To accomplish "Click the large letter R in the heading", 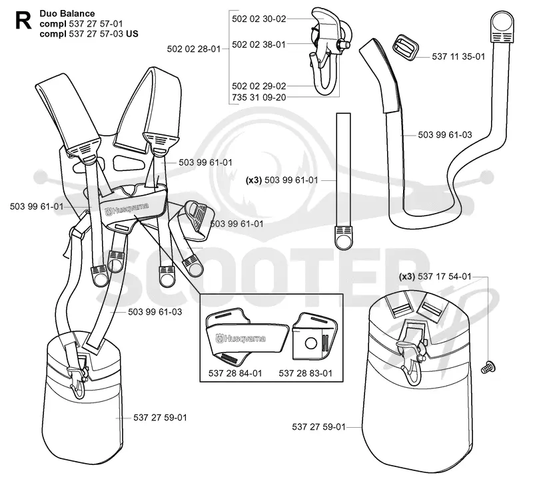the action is click(x=23, y=21).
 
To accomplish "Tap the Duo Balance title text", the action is click(x=67, y=13).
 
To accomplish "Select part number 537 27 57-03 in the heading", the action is click(x=96, y=34).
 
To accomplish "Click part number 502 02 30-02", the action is click(x=259, y=19).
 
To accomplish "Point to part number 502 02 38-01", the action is click(x=259, y=45).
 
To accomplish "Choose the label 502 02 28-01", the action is click(x=194, y=49).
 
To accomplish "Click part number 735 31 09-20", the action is click(x=259, y=97).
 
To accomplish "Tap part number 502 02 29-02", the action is click(x=259, y=86).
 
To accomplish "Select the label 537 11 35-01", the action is click(x=458, y=57).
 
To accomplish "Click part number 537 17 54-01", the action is click(x=444, y=277).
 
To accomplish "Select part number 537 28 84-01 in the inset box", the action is click(x=235, y=373).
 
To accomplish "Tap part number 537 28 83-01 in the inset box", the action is click(x=305, y=373).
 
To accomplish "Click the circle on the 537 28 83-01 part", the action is click(x=310, y=343).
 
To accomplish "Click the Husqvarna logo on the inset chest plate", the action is click(x=241, y=339).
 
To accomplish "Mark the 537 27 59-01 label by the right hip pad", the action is click(x=318, y=427).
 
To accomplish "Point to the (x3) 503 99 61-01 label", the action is click(x=282, y=180).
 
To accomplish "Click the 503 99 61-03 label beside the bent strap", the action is click(x=445, y=135).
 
